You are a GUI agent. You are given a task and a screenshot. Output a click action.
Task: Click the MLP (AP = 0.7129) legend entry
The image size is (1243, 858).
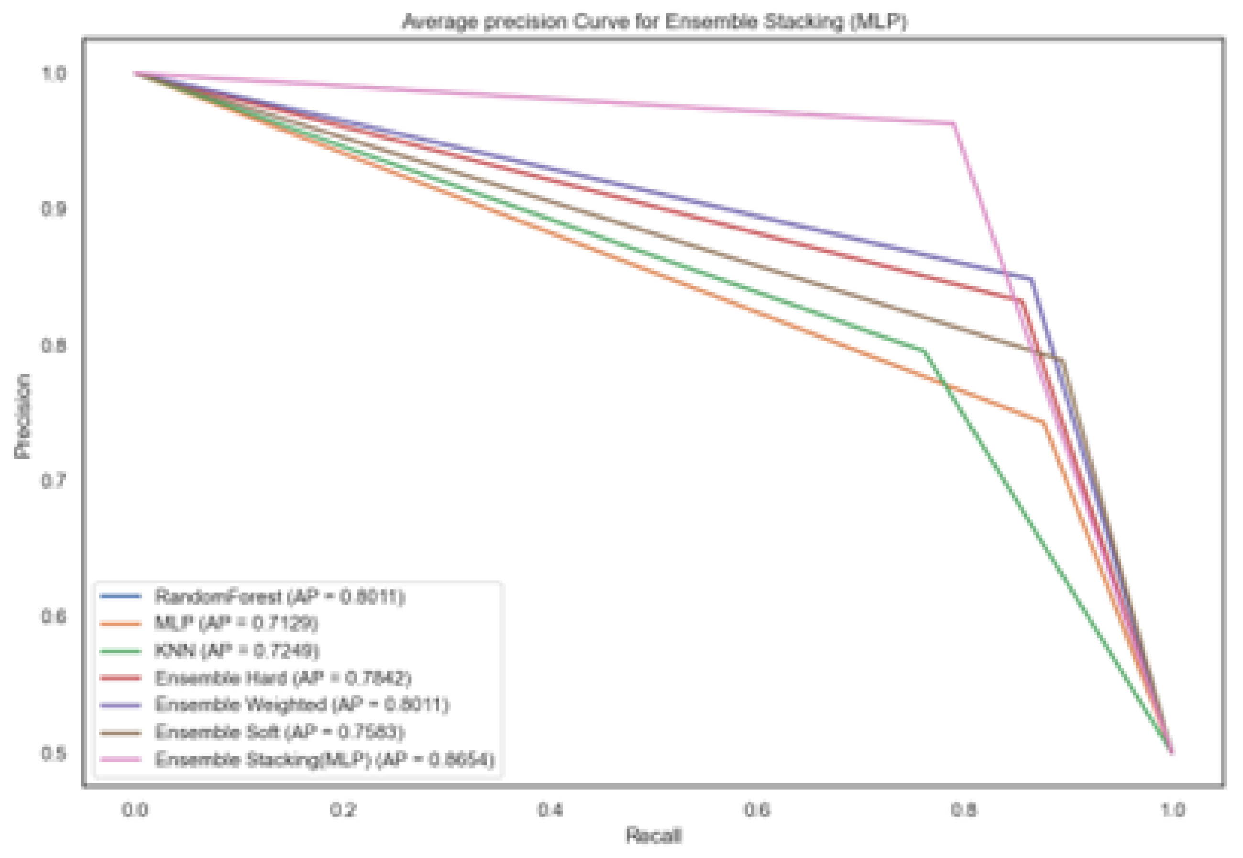click(x=236, y=623)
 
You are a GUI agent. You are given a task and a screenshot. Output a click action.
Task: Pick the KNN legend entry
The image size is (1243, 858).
click(x=237, y=650)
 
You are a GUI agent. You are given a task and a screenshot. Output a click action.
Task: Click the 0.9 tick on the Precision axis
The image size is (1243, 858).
click(x=54, y=209)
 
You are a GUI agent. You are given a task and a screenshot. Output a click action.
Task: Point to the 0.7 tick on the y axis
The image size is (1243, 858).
click(x=54, y=480)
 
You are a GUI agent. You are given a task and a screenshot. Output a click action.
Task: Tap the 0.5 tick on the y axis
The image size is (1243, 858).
click(x=54, y=753)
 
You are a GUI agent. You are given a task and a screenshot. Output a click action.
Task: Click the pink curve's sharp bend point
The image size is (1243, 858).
click(x=954, y=124)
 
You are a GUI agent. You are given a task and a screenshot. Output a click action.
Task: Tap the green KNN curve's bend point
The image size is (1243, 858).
click(x=924, y=351)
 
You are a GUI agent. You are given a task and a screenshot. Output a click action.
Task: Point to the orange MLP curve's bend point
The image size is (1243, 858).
click(x=1044, y=422)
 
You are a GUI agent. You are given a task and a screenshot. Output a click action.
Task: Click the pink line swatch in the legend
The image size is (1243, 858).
click(x=121, y=759)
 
